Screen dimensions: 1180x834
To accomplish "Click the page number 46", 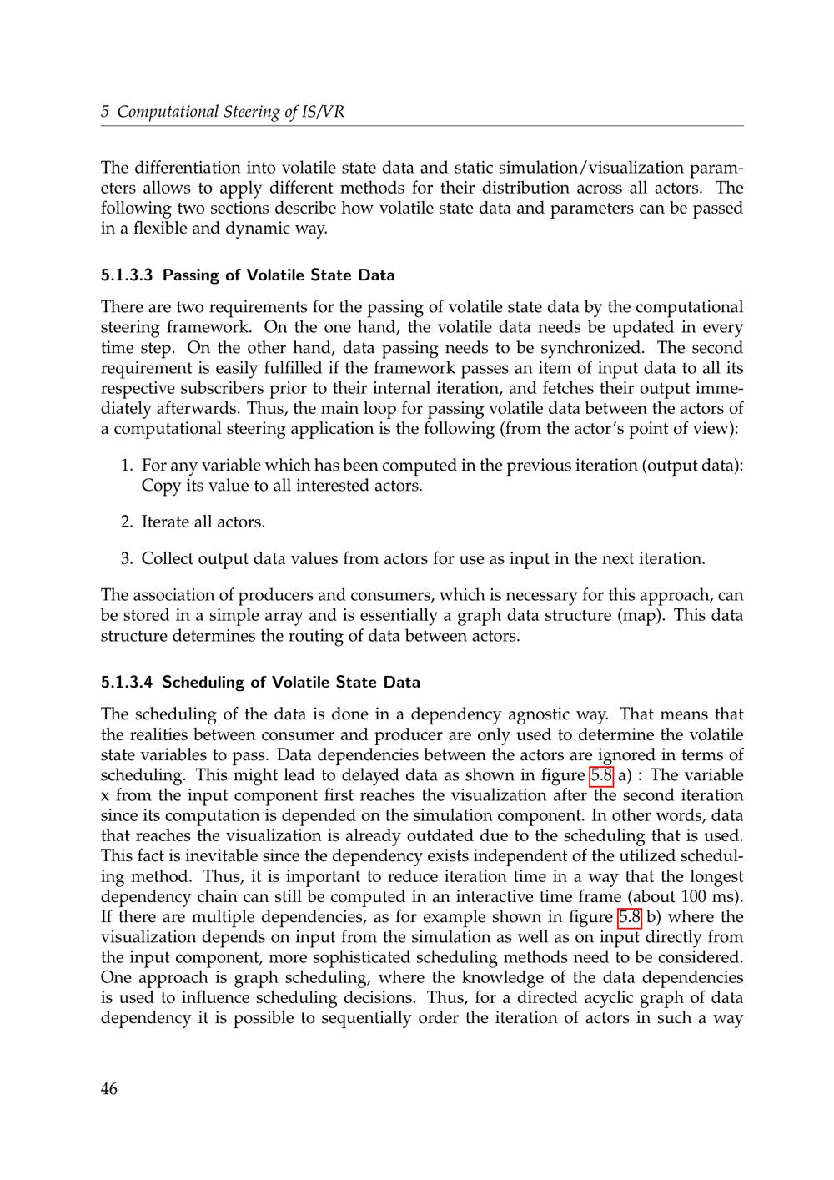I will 109,1088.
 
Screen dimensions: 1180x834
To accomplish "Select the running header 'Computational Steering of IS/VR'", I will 230,112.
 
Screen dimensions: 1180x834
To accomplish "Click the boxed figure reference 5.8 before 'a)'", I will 601,775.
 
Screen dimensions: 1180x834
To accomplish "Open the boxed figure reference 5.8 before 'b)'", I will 630,917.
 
